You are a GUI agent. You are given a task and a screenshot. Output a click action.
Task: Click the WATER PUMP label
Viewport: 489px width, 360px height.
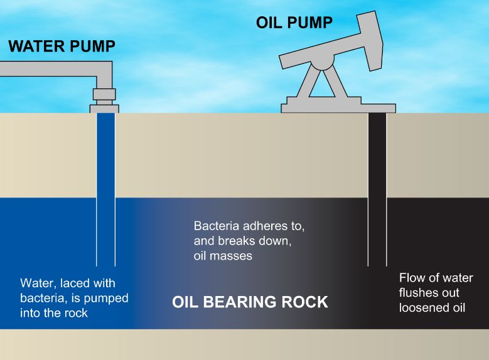coord(62,47)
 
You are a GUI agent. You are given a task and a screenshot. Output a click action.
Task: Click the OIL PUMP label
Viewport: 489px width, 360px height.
coord(294,23)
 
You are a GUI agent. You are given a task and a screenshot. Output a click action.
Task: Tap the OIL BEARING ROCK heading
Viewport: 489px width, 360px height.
coord(250,302)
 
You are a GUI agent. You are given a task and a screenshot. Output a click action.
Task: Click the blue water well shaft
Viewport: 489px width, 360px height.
coord(105,188)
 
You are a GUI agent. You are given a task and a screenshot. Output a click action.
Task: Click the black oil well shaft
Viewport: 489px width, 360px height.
coord(377,188)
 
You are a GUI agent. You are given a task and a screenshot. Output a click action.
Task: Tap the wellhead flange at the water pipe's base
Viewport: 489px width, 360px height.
coord(104,108)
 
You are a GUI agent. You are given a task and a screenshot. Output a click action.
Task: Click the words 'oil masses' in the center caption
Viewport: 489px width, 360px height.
coord(222,256)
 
